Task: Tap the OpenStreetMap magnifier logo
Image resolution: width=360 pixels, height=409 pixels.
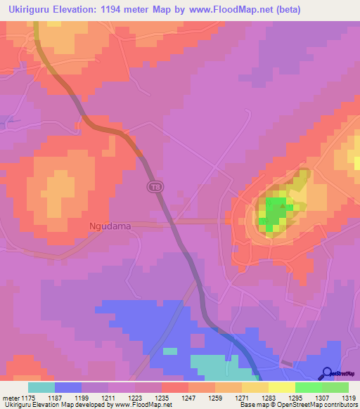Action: point(328,372)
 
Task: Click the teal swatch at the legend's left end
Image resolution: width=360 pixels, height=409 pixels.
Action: point(41,387)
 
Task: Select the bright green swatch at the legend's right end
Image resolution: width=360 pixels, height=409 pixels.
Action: point(335,387)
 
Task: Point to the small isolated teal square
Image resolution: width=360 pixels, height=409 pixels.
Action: point(170,351)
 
